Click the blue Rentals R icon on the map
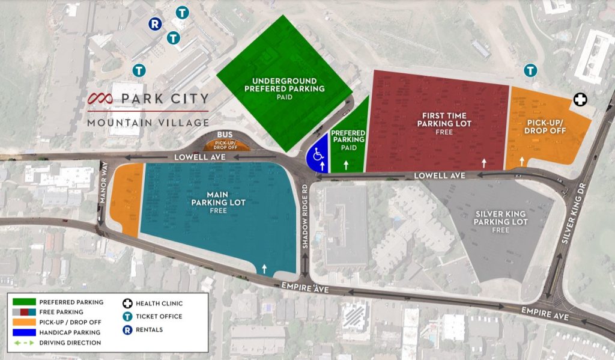155,24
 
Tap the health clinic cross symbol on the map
580,100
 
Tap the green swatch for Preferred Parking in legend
23,302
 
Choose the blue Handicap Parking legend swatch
23,332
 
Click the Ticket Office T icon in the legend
127,316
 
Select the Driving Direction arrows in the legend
23,343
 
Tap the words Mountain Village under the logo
148,123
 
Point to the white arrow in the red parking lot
484,162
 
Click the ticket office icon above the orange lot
530,70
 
